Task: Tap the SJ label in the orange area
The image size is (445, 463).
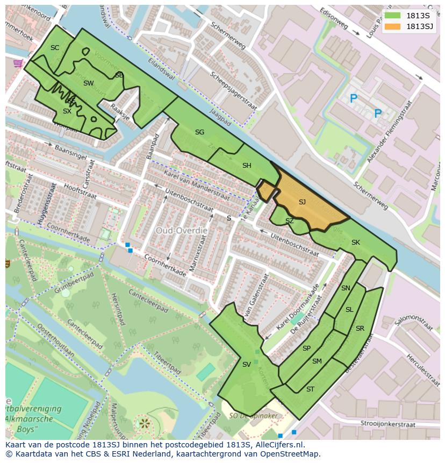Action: (x=302, y=202)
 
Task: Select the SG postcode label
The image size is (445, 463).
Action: (x=199, y=132)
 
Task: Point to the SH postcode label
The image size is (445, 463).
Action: (x=247, y=166)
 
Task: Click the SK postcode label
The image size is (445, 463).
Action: (x=355, y=243)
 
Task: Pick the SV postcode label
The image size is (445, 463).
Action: (x=246, y=365)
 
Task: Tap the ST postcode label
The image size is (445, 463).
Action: (x=310, y=389)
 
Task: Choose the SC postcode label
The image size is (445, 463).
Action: (x=55, y=48)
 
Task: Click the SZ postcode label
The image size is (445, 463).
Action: (x=289, y=221)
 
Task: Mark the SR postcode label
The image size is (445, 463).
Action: (x=360, y=329)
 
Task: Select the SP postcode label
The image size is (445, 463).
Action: (x=306, y=348)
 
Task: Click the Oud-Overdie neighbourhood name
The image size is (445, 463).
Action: (x=182, y=230)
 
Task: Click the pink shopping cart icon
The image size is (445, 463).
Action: (x=18, y=63)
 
